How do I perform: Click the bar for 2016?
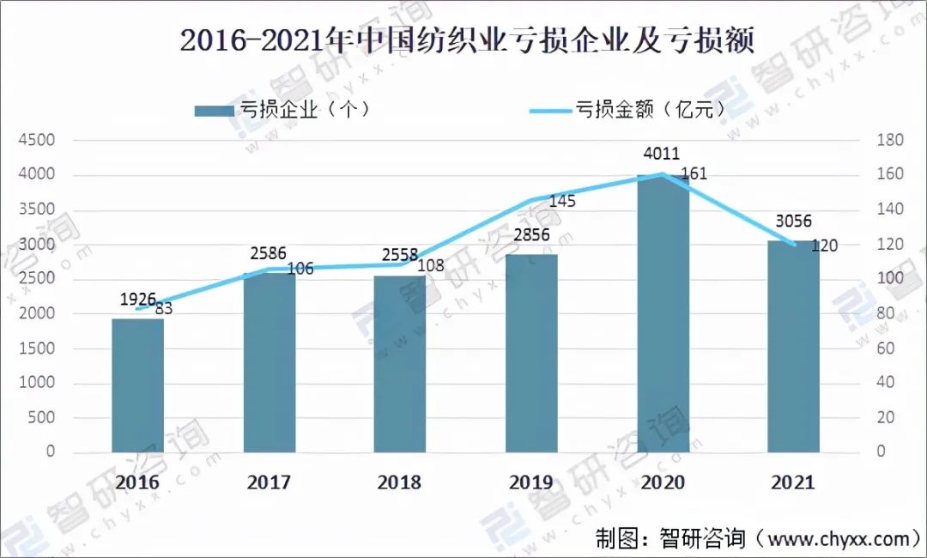point(137,385)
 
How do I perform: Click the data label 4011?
point(662,155)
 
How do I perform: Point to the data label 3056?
point(792,221)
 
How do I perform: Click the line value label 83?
point(162,308)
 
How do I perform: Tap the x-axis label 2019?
point(531,482)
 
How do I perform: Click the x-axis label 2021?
point(792,482)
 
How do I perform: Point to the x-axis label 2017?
point(270,482)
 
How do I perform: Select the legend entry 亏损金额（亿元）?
point(627,110)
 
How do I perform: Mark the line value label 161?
point(694,175)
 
